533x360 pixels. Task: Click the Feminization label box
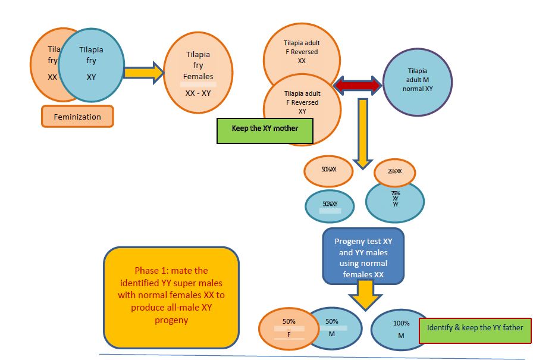tap(77, 117)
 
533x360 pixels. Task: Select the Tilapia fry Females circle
tap(197, 73)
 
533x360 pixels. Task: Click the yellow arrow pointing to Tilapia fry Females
tap(145, 73)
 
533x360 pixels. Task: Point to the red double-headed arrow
tap(358, 86)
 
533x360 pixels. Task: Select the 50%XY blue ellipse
tap(330, 205)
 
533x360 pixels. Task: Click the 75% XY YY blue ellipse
tap(395, 201)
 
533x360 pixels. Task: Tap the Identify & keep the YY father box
tap(475, 328)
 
